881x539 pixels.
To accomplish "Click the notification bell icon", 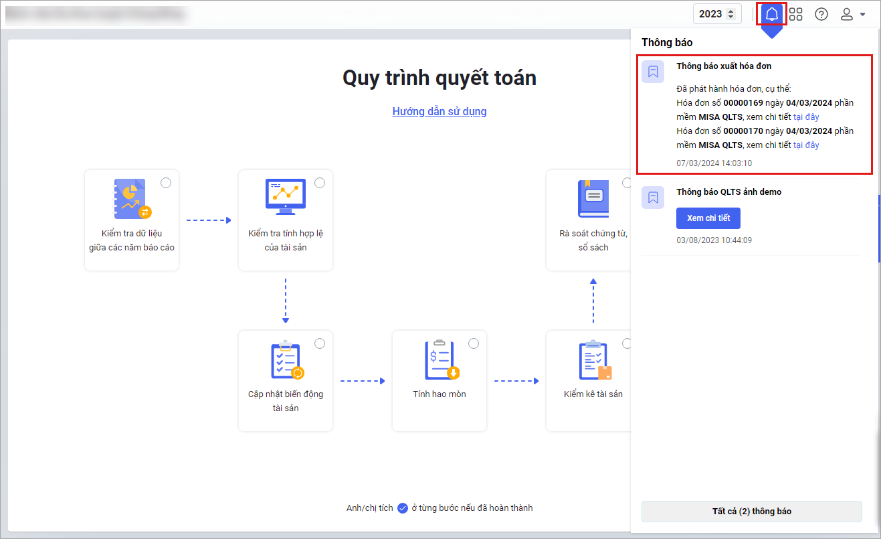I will [771, 14].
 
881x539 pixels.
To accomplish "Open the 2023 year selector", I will [716, 14].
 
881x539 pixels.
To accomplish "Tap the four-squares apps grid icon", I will [795, 14].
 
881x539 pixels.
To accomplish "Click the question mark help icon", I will [821, 14].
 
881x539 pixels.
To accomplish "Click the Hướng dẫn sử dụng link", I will [439, 111].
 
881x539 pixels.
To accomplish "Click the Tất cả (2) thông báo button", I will [751, 511].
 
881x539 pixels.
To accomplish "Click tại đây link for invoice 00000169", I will [806, 117].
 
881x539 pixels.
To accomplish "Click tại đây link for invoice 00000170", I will [806, 145].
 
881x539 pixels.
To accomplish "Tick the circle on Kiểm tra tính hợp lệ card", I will [320, 183].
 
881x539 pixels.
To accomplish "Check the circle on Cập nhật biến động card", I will [320, 343].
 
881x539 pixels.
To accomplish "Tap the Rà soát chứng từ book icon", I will [593, 199].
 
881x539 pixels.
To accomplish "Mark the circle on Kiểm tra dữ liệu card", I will [166, 183].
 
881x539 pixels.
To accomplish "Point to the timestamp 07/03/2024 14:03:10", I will [714, 163].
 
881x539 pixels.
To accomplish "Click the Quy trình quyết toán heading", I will [439, 78].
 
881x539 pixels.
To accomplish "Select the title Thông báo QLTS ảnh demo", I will [728, 191].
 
